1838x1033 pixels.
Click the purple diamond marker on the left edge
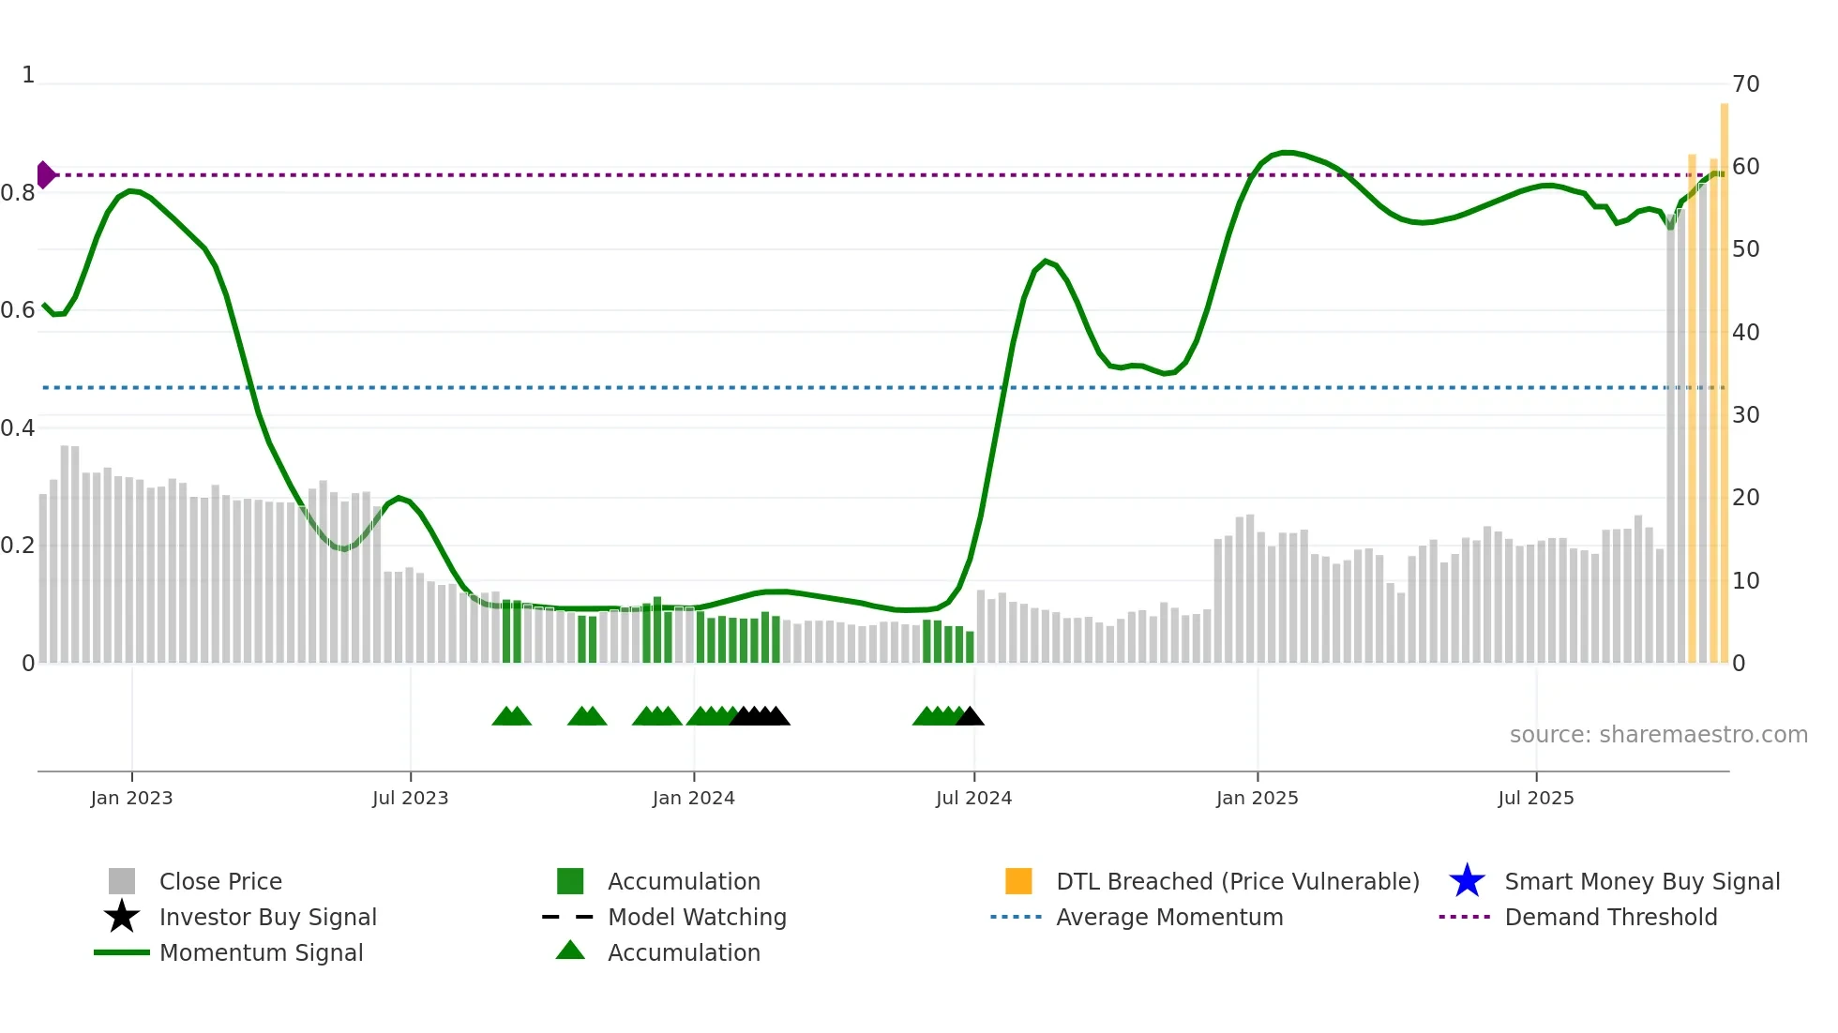click(x=45, y=174)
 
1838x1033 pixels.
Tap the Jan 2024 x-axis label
click(x=693, y=798)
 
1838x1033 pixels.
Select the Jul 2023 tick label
click(x=410, y=798)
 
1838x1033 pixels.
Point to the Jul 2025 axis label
click(x=1535, y=798)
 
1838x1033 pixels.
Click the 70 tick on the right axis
click(x=1745, y=84)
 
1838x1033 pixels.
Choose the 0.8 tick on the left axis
click(x=18, y=193)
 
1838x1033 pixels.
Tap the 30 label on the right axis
click(x=1745, y=414)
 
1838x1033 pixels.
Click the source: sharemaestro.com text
click(x=1658, y=734)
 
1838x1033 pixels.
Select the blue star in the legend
click(x=1467, y=881)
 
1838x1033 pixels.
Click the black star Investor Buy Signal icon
click(x=122, y=917)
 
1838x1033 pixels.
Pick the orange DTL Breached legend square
click(x=1018, y=881)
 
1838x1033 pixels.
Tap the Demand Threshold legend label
click(x=1610, y=917)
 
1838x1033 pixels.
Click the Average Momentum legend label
click(x=1169, y=917)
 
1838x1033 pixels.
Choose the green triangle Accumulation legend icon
click(x=570, y=951)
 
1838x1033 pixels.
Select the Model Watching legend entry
click(x=697, y=917)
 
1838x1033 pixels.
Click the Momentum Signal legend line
click(x=122, y=952)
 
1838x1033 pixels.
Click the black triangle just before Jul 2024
click(x=970, y=717)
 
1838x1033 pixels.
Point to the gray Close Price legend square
click(x=122, y=881)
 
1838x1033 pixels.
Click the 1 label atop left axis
click(x=28, y=75)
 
